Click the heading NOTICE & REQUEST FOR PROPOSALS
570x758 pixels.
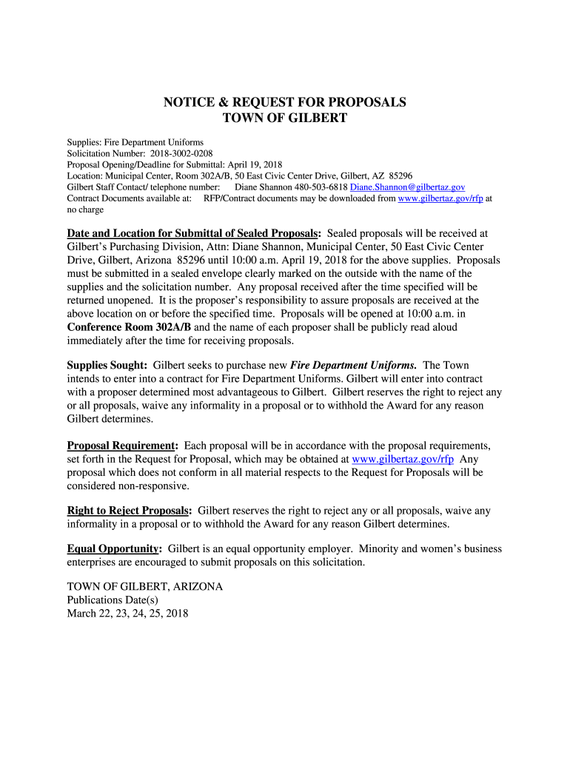284,102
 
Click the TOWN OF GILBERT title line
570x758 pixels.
284,118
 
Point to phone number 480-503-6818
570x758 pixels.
322,187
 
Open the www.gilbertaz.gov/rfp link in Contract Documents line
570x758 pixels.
440,198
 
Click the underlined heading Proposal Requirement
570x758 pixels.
121,446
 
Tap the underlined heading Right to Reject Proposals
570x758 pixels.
129,511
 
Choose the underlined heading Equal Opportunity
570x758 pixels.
114,549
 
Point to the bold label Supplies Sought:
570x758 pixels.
107,365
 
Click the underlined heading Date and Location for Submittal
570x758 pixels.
193,233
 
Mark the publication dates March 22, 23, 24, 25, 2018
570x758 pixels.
127,613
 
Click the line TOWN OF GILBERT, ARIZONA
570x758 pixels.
144,586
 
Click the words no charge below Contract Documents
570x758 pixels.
85,209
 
